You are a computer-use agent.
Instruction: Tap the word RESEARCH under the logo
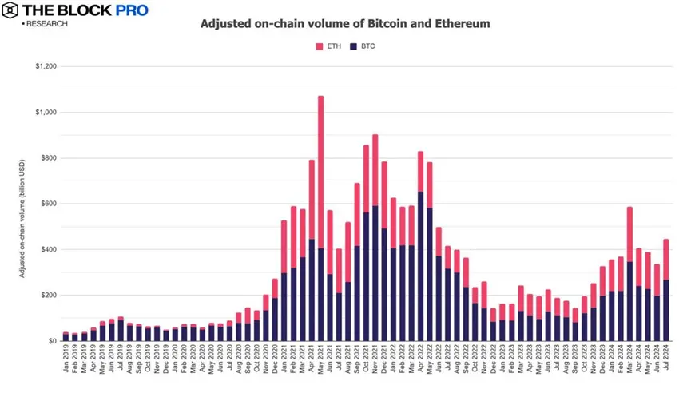point(46,24)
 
